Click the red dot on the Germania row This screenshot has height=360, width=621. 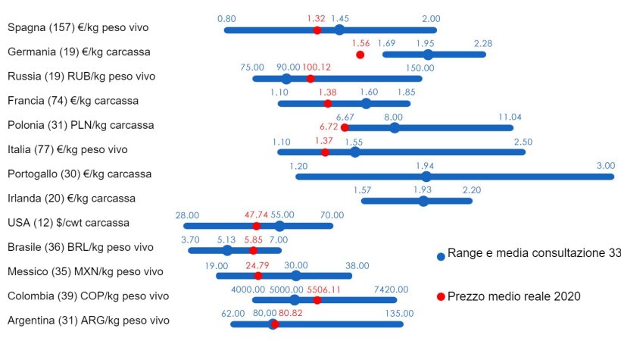coord(360,55)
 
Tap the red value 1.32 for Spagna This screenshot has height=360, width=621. coord(316,18)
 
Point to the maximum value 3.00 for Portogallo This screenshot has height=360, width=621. coord(605,165)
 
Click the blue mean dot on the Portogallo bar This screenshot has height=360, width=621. coord(426,177)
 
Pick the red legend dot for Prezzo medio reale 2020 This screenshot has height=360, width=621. coord(441,296)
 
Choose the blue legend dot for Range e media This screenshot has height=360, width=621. coord(441,256)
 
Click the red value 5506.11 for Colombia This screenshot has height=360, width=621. coord(324,289)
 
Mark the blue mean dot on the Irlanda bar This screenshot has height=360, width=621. coord(423,201)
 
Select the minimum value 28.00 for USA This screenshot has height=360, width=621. coord(187,214)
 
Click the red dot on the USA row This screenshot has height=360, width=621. coord(256,226)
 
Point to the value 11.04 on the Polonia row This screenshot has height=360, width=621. coord(510,117)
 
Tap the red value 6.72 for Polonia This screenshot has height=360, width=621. coord(329,127)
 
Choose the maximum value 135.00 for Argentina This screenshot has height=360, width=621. coord(403,312)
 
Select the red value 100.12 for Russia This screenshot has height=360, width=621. coord(317,67)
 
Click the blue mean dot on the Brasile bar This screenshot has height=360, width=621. coord(227,250)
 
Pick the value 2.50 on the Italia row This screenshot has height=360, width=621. coord(523,142)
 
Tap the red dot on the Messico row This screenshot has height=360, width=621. coord(257,275)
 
